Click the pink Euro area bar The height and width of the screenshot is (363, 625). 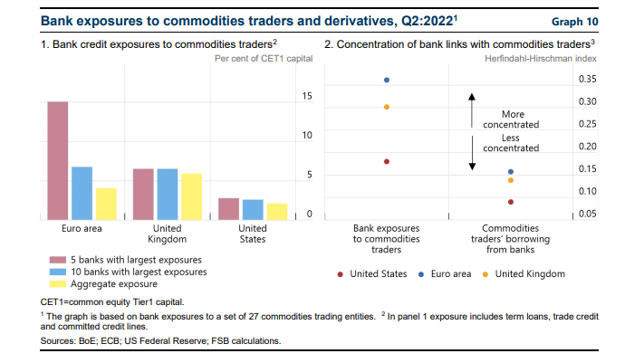[58, 160]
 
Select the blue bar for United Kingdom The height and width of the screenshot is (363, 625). [168, 194]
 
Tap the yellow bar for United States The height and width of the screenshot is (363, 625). [276, 211]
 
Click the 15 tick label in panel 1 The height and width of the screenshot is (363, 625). [307, 96]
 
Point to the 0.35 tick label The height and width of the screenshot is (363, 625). [590, 80]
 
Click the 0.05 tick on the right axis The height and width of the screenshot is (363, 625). [590, 214]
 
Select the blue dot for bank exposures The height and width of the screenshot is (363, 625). [387, 80]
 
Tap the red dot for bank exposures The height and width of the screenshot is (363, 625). [387, 161]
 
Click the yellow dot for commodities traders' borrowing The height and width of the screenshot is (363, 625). [511, 180]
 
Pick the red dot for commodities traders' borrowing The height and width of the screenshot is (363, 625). [511, 202]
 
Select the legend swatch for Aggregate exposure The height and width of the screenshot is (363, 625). [56, 283]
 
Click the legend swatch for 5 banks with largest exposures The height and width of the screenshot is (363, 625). [56, 258]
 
